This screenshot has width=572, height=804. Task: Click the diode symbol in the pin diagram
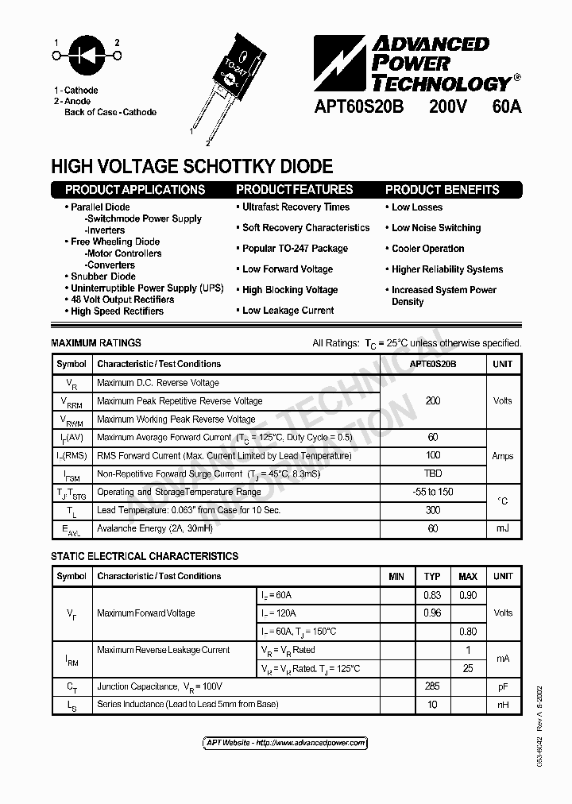point(87,55)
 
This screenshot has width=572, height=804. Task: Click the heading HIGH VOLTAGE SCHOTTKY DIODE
point(191,166)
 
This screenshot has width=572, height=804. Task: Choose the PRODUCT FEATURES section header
point(294,190)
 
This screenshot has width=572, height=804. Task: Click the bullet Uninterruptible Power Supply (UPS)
point(147,288)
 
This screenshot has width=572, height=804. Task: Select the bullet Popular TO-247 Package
point(295,249)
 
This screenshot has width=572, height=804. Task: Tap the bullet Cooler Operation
point(427,249)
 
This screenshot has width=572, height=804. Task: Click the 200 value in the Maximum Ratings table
point(433,400)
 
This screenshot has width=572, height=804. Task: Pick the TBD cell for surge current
point(433,474)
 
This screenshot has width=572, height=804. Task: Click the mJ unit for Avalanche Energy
point(502,528)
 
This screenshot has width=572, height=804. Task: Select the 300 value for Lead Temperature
point(433,510)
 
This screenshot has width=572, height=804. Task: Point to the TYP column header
point(432,576)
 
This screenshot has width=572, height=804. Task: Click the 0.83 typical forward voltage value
point(432,594)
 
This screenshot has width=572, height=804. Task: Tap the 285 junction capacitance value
point(432,686)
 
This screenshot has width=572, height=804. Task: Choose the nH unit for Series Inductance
point(502,705)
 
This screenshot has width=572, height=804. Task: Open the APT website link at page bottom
point(286,743)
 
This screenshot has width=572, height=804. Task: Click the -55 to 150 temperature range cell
point(433,492)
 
